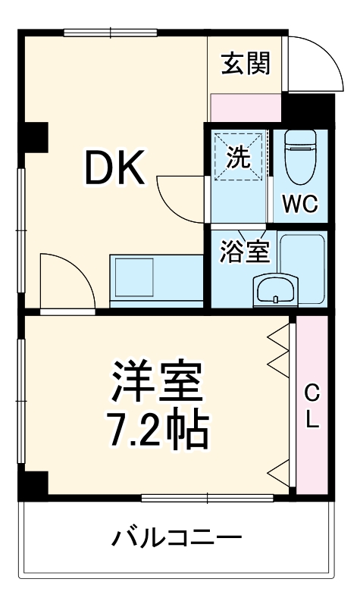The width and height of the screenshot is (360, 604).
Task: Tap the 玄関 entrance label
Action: (245, 65)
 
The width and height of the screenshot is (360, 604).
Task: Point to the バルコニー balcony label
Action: (177, 539)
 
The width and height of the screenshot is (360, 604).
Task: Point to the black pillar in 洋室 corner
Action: (36, 483)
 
